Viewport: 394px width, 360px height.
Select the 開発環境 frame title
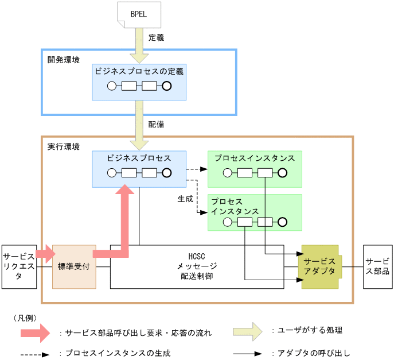63,60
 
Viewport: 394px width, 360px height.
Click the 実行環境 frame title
63,147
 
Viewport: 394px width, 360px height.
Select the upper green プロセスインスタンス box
255,169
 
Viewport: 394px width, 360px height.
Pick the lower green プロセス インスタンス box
255,212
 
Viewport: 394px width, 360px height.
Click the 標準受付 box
74,266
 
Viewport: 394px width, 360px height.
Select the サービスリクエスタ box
18,266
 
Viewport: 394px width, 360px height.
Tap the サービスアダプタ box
319,266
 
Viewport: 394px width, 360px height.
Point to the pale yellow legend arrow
251,331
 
